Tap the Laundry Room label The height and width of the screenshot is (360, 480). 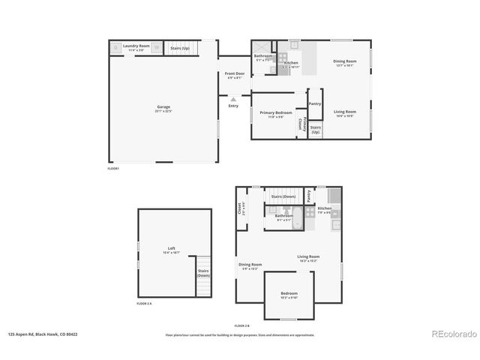(136, 46)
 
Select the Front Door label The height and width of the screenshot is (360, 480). (234, 74)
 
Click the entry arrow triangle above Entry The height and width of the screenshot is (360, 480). (233, 98)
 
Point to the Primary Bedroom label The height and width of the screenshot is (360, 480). (275, 114)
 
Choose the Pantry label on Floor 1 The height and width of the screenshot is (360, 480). (315, 103)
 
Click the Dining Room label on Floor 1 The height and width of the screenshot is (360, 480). (345, 61)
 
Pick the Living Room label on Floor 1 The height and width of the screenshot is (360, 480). (345, 112)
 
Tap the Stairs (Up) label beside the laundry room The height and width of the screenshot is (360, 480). (180, 46)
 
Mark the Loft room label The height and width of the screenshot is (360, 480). (171, 248)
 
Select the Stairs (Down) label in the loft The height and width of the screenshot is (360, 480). (203, 273)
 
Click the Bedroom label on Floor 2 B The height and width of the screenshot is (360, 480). (289, 294)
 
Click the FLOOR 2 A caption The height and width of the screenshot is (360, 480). (144, 304)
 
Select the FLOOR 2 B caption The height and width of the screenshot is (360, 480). (241, 325)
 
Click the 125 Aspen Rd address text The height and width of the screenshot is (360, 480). (43, 335)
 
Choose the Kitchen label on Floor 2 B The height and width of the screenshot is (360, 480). (324, 209)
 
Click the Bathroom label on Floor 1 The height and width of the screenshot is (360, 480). (263, 56)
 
